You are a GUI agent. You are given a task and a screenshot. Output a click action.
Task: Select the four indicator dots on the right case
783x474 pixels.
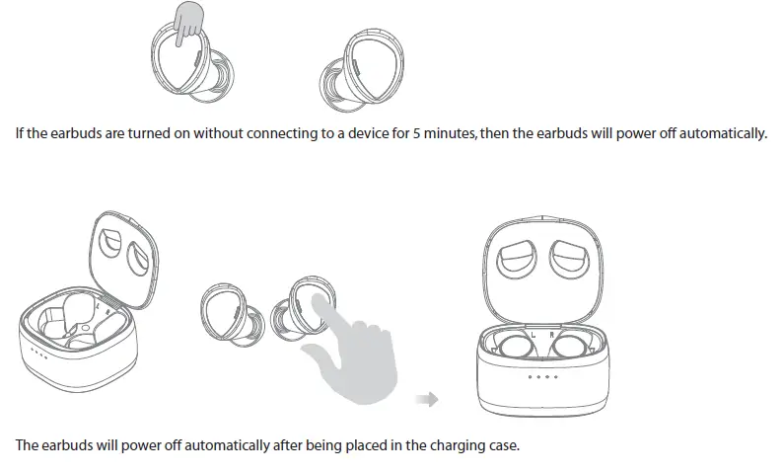(542, 376)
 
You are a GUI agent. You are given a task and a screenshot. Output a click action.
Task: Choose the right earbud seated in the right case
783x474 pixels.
(570, 347)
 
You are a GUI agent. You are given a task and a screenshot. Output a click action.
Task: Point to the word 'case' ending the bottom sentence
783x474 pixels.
(500, 445)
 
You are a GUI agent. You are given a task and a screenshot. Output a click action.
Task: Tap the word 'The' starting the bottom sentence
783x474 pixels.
(28, 445)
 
